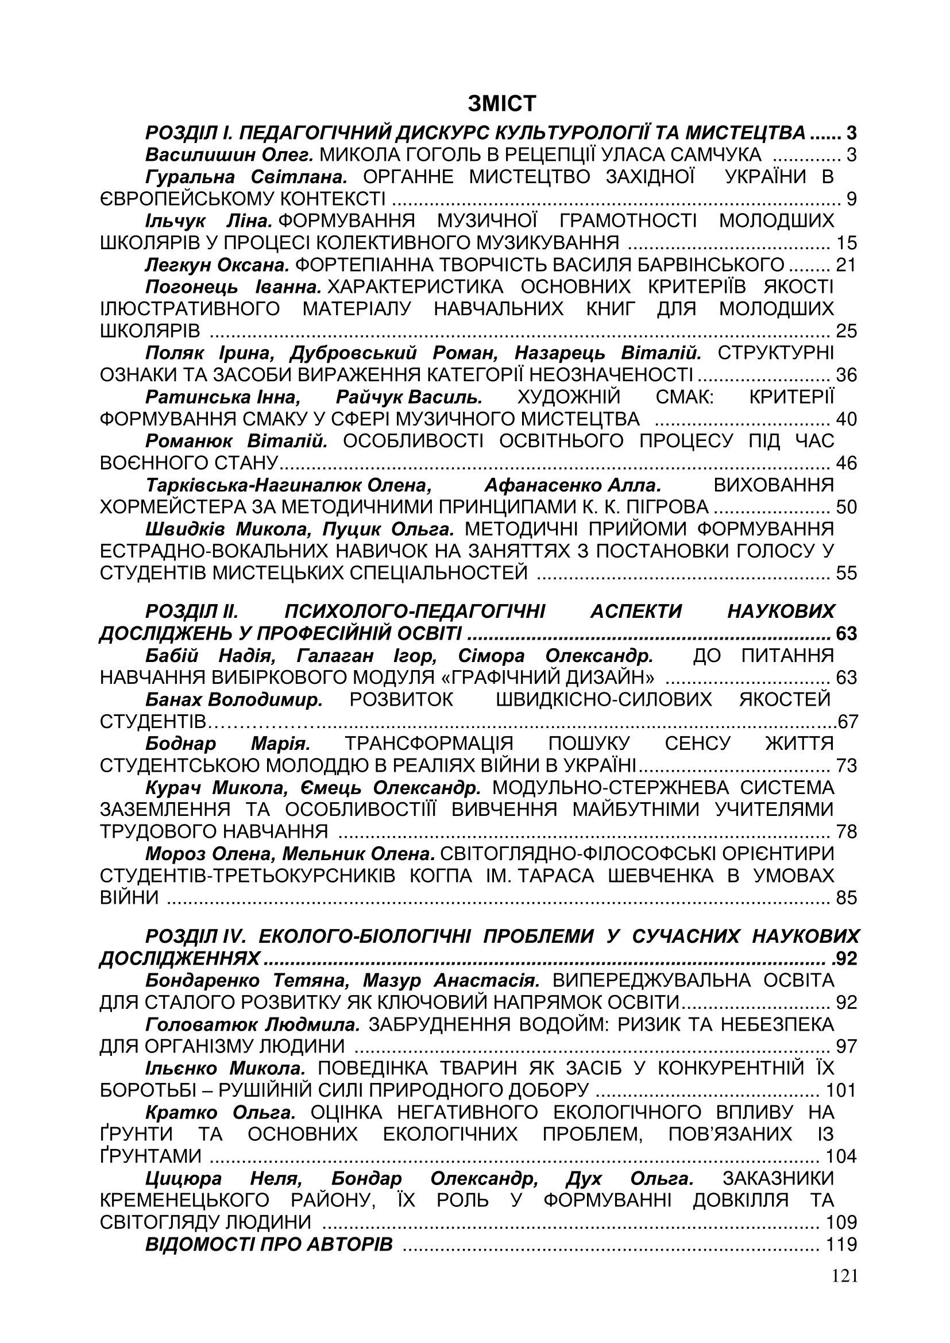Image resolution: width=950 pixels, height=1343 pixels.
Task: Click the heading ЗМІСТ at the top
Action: coord(501,104)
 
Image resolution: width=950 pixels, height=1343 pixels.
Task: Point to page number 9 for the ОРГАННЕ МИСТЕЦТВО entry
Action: coord(851,199)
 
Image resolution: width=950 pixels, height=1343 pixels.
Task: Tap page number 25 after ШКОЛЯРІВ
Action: coord(846,332)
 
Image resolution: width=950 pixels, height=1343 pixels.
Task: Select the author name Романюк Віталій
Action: coord(236,440)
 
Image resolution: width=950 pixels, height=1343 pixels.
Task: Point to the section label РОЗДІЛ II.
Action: coord(191,611)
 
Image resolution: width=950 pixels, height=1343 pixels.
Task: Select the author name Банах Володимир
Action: coord(234,699)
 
